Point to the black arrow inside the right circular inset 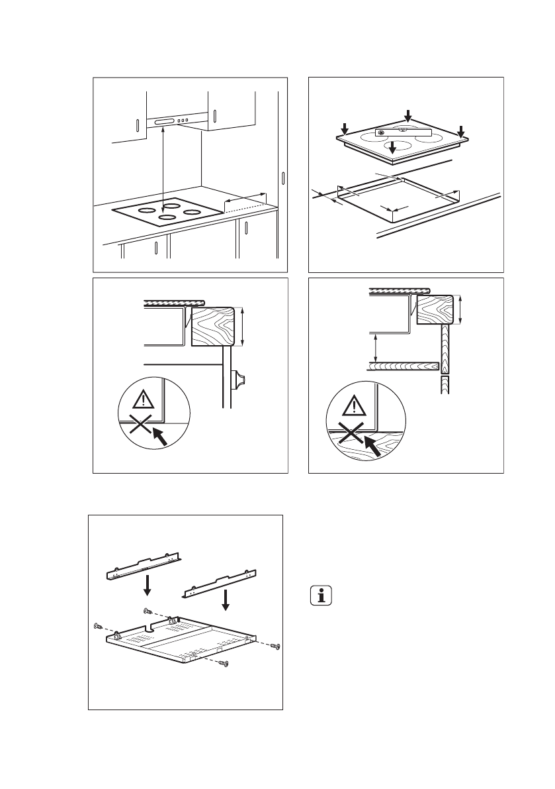coord(372,446)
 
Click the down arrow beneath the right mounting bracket coord(226,600)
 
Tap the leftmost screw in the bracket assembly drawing coord(98,625)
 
